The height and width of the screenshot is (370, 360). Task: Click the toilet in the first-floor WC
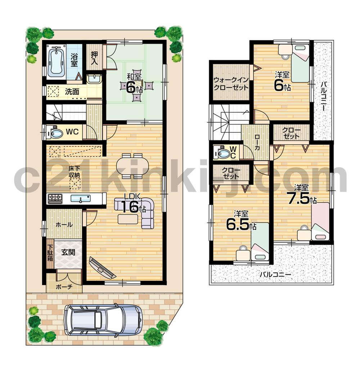(55, 133)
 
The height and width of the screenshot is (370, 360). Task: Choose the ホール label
(64, 225)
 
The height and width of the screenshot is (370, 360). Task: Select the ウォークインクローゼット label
(230, 83)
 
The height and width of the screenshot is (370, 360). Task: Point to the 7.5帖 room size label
(301, 195)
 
